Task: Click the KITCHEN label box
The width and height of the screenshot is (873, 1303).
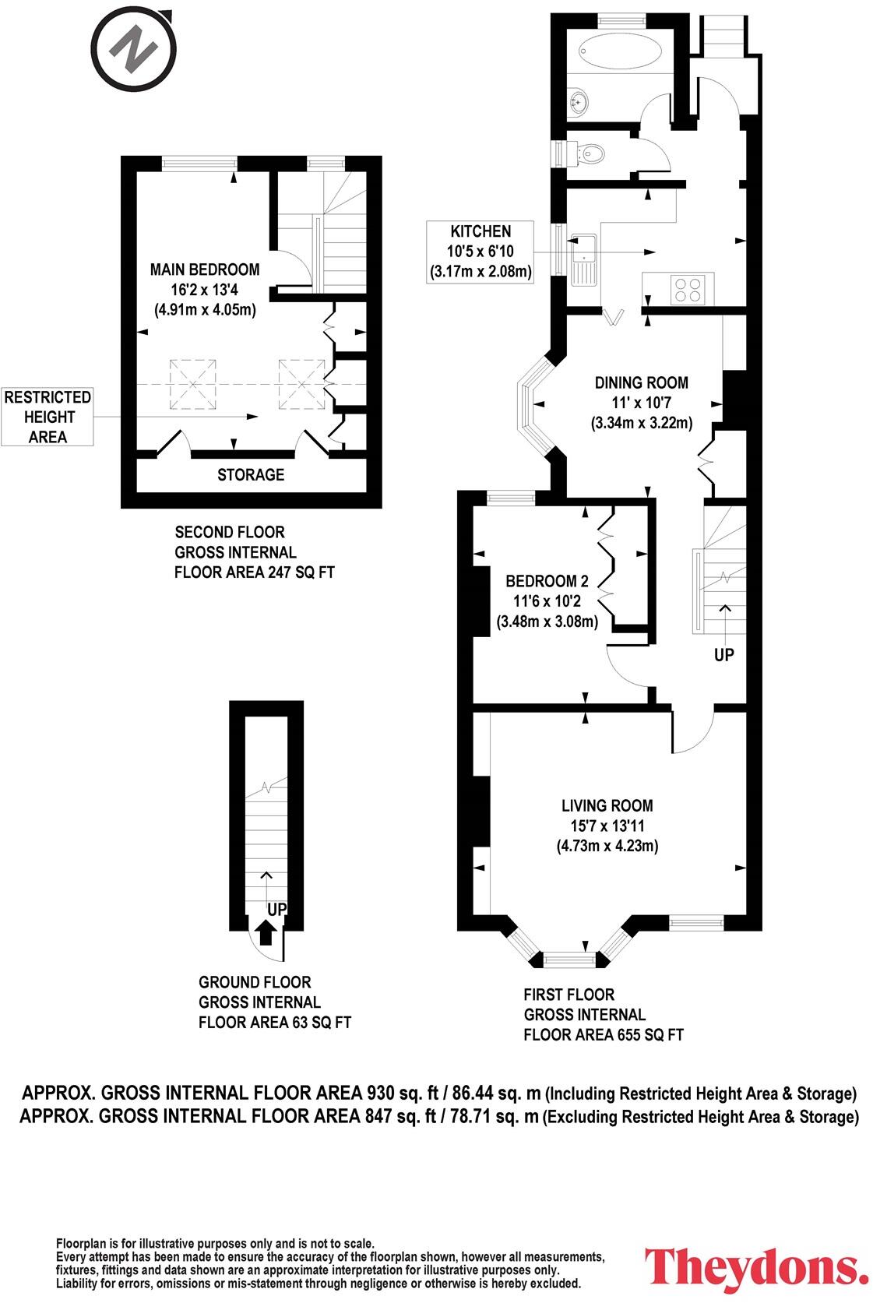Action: pos(481,252)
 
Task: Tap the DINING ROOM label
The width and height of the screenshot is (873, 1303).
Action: pos(641,382)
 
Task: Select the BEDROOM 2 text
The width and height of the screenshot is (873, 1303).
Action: pos(547,581)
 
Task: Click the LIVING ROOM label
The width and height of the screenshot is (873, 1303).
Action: pos(607,805)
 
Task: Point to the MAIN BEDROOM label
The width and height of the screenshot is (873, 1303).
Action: pos(205,269)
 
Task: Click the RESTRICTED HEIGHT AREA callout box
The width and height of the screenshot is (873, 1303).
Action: pos(48,417)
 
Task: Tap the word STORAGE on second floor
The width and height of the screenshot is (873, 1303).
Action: pos(250,474)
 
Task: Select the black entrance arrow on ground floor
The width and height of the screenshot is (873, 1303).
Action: pos(265,931)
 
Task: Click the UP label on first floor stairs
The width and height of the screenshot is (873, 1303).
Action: pos(723,655)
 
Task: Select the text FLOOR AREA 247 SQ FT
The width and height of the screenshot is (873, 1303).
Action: pos(255,572)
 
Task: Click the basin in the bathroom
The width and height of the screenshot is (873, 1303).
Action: pos(579,99)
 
